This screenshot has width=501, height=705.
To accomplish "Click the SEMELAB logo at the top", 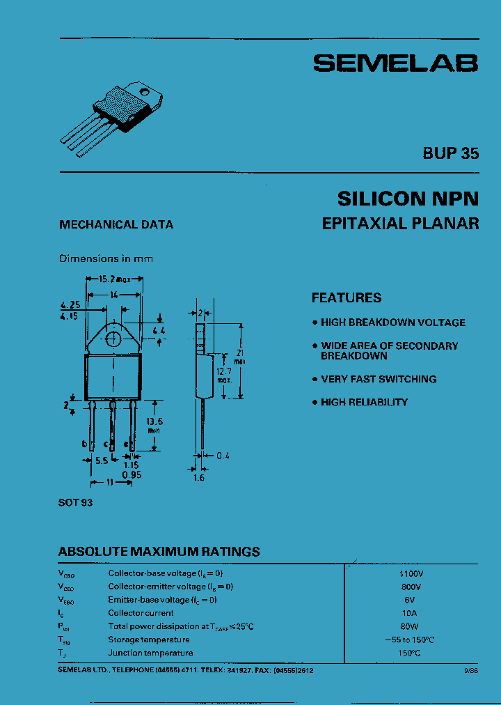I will [x=395, y=63].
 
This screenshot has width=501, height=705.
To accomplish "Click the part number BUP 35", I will [x=450, y=154].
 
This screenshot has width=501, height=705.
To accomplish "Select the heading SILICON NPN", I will [x=408, y=199].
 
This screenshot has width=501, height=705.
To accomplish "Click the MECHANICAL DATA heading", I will [x=116, y=225].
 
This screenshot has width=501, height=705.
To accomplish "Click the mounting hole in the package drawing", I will [x=113, y=339].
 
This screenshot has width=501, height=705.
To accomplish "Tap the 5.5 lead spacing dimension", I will [x=102, y=460].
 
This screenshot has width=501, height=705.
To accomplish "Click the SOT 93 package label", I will [x=76, y=502].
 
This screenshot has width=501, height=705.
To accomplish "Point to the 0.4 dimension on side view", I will [x=222, y=456].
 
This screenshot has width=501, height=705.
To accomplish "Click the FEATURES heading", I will [x=346, y=298].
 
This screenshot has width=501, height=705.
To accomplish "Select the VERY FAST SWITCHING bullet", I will [x=379, y=380].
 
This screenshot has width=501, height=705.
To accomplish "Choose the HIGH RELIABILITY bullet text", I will [x=364, y=403].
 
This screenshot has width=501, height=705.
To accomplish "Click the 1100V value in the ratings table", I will [x=411, y=573].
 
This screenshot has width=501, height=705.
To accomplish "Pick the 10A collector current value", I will [x=411, y=613].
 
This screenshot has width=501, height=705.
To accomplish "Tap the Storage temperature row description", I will [x=149, y=640].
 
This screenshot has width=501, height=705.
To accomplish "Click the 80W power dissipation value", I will [x=411, y=626].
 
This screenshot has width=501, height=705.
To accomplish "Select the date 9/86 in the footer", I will [x=470, y=669].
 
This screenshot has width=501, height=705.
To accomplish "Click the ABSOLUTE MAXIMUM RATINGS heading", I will [x=159, y=552].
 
